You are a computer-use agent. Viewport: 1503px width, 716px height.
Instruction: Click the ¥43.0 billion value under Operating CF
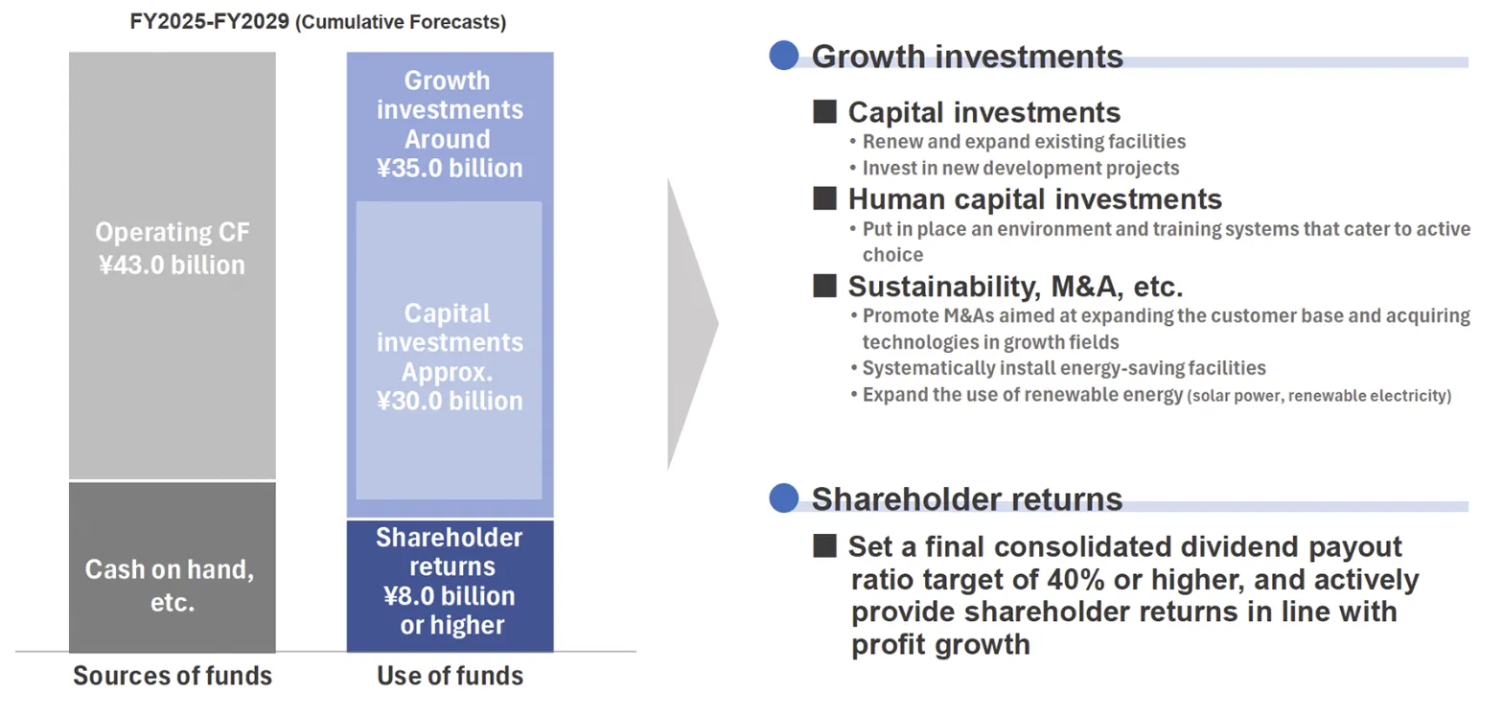click(172, 266)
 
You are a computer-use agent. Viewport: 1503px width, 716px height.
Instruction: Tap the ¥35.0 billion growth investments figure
click(450, 168)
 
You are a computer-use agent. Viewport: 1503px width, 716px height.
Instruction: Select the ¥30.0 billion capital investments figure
click(450, 401)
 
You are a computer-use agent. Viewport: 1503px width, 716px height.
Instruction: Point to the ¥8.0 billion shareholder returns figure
click(450, 595)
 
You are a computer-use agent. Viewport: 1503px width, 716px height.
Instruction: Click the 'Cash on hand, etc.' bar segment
click(172, 567)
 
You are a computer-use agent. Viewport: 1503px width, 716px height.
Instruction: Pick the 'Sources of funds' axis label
click(173, 676)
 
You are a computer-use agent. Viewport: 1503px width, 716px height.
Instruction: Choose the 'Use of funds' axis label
click(450, 676)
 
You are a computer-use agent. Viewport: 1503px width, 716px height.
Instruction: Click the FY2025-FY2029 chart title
click(318, 21)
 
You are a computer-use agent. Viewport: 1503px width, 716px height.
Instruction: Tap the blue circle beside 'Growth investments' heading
click(784, 55)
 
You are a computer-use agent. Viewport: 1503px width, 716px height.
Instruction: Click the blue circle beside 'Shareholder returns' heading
click(784, 497)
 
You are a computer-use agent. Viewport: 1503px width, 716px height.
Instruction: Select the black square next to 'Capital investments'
click(824, 111)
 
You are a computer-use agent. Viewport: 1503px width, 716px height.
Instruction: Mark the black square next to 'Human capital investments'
click(824, 198)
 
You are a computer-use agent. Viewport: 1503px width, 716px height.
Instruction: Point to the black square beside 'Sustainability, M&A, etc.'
click(824, 286)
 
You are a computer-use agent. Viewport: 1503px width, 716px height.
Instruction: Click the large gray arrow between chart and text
click(692, 323)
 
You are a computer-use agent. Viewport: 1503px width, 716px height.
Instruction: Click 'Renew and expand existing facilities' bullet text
click(1024, 142)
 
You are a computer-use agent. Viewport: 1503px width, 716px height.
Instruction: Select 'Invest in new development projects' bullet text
click(1021, 168)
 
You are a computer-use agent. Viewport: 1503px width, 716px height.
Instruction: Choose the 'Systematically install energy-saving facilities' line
click(1064, 368)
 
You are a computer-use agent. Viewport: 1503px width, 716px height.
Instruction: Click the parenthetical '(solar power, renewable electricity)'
click(1319, 396)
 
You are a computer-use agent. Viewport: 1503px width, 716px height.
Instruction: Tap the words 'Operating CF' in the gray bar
click(172, 232)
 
